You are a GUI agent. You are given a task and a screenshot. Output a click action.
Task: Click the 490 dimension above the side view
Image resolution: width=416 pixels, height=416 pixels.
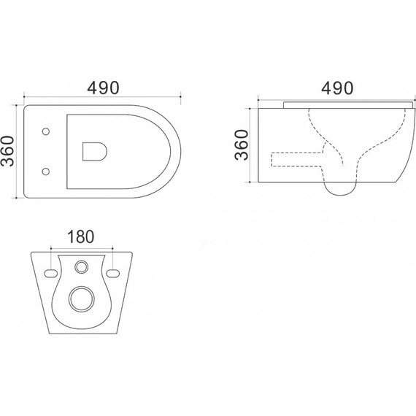point(336,88)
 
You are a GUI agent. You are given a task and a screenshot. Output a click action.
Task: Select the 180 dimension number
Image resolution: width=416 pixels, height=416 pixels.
point(82,238)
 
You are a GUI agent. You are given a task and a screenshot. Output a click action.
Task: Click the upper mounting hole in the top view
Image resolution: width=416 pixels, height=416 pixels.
point(46,132)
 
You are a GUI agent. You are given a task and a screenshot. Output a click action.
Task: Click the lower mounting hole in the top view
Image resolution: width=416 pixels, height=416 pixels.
point(46,172)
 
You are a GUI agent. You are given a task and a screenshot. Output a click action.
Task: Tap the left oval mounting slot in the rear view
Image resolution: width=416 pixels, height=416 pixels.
point(50,273)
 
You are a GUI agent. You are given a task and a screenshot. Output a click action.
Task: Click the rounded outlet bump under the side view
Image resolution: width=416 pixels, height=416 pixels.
point(340,188)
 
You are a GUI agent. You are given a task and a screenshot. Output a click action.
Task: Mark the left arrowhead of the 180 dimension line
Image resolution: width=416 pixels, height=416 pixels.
point(52,250)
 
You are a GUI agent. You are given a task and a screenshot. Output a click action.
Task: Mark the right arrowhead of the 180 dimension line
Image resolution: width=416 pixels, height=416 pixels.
point(112,250)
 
